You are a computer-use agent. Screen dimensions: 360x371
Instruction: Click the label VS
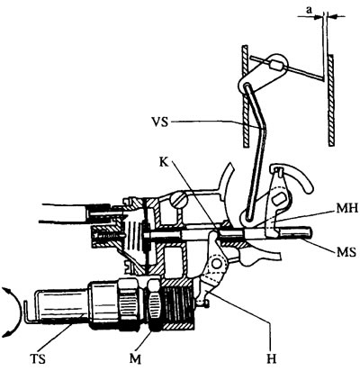(160, 122)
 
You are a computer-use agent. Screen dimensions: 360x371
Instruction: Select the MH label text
(347, 208)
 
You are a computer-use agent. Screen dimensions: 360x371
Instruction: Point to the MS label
(346, 252)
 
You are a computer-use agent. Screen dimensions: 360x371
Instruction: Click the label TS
(38, 358)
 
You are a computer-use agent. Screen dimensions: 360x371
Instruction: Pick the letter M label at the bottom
(135, 358)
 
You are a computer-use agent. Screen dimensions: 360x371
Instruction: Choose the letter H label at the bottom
(271, 358)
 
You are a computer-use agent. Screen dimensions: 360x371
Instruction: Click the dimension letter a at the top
(309, 10)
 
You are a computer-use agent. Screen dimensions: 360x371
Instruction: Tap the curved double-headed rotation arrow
(15, 312)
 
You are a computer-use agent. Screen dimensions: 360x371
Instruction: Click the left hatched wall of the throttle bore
(245, 96)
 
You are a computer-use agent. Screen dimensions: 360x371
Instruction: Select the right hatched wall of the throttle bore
(331, 100)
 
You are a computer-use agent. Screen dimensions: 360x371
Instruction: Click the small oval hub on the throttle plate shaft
(274, 65)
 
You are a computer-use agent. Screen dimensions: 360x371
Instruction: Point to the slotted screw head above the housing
(178, 200)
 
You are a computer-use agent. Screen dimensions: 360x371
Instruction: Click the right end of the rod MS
(310, 233)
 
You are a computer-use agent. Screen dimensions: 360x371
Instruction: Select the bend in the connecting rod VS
(264, 128)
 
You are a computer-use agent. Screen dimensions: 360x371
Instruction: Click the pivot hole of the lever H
(216, 263)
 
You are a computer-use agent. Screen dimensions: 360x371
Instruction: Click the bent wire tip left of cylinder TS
(27, 312)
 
